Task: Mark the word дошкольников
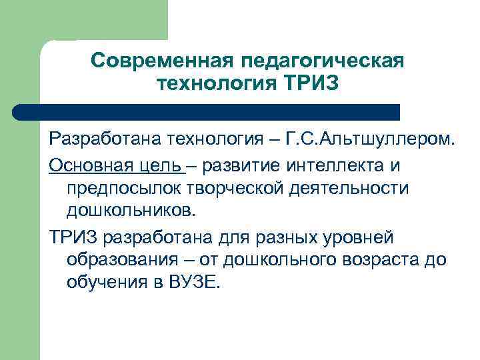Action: click(x=132, y=211)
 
